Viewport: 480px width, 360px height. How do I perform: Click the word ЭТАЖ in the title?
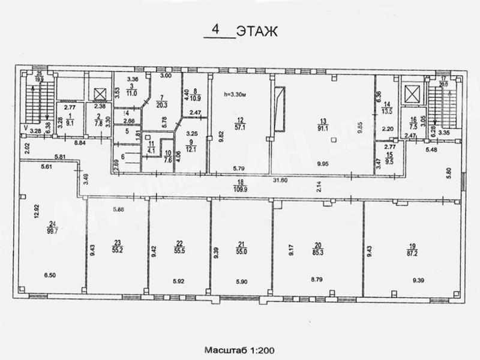tap(257, 31)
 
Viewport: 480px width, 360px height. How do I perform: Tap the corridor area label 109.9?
tap(240, 188)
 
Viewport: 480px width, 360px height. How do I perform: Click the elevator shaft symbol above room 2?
tap(99, 94)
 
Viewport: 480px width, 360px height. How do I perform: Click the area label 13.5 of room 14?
tap(386, 110)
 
